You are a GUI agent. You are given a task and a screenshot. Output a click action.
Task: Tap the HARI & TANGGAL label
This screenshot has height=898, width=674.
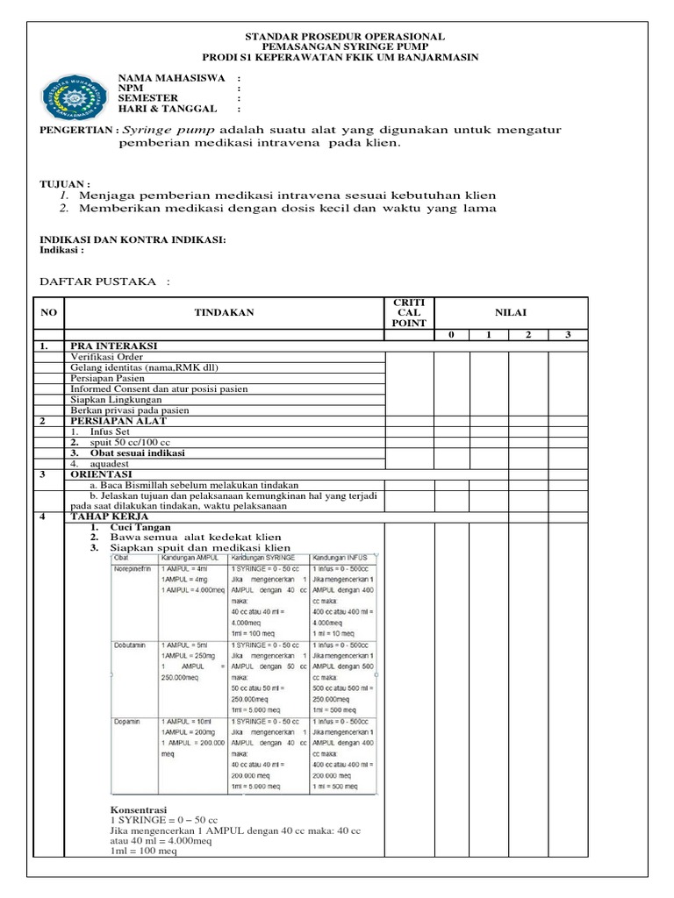(x=168, y=109)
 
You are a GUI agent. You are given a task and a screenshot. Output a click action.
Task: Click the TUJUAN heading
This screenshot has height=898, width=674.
(x=66, y=185)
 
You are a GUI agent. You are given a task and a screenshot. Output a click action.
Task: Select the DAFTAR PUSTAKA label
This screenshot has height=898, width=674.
(x=99, y=281)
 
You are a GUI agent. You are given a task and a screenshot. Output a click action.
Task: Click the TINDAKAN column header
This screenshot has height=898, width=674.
(x=224, y=311)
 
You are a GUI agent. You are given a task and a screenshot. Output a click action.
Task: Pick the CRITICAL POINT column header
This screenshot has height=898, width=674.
(x=409, y=311)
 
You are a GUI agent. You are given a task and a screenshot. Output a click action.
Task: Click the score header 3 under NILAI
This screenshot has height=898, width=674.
(x=567, y=334)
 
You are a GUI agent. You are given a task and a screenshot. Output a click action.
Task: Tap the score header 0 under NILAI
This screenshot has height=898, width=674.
(x=452, y=334)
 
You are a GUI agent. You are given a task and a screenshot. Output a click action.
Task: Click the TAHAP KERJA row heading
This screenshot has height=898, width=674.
(x=106, y=517)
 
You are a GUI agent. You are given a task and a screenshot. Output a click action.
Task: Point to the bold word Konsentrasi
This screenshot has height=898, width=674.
(x=138, y=809)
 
